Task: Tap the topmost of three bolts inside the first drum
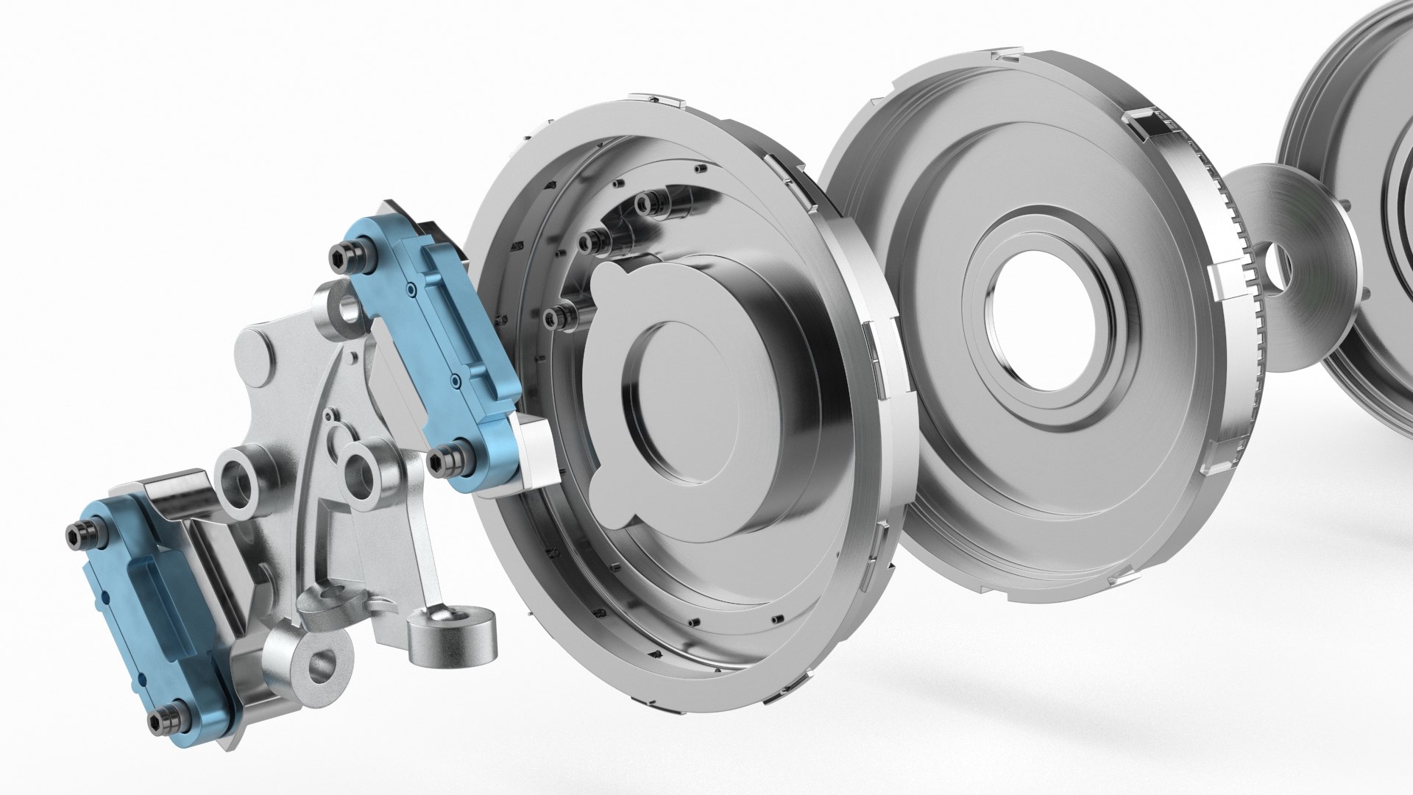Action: (x=648, y=204)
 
